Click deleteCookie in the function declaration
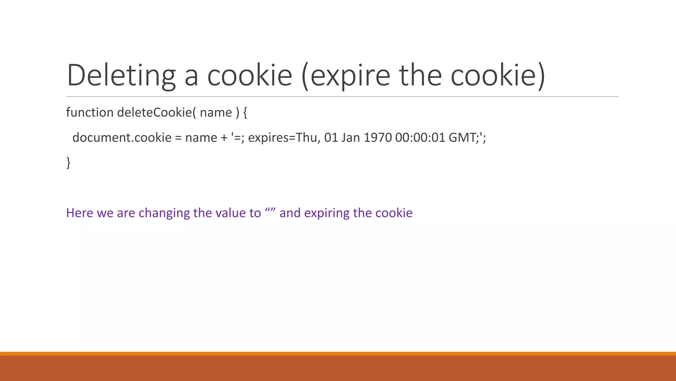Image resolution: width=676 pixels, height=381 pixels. pos(154,112)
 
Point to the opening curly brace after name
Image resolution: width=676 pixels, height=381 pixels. pos(245,113)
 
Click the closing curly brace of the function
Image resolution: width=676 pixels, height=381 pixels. pos(68,163)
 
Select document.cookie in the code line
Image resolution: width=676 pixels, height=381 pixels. pos(122,138)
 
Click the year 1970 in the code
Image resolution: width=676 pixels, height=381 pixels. pos(378,138)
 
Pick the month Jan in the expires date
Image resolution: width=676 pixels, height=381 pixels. pos(351,138)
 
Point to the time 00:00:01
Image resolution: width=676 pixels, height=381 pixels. pos(420,138)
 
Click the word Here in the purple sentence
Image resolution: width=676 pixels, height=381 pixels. pos(80,213)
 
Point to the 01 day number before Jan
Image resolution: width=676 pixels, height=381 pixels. pos(331,138)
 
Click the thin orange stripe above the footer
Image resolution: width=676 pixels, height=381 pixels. pos(338,354)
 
